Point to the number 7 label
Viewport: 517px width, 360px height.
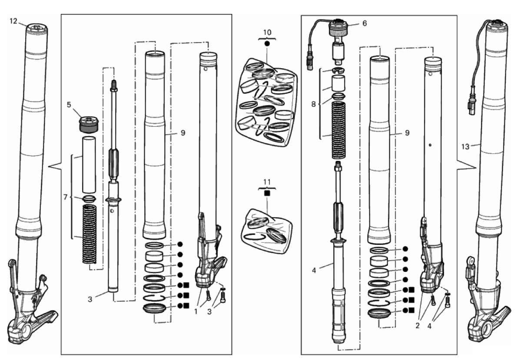coord(65,198)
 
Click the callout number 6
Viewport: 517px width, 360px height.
coord(364,23)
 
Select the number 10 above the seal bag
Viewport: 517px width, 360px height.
coord(267,33)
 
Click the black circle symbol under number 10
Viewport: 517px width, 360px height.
coord(267,44)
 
